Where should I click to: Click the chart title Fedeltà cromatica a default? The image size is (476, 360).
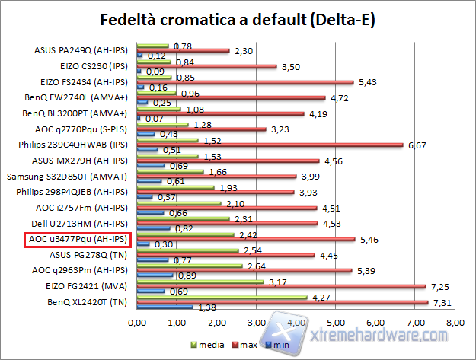(x=238, y=19)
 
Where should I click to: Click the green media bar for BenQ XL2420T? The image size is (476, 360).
(x=222, y=298)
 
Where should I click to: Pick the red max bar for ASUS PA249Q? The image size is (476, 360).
(x=183, y=50)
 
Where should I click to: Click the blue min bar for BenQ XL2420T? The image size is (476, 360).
(x=164, y=307)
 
